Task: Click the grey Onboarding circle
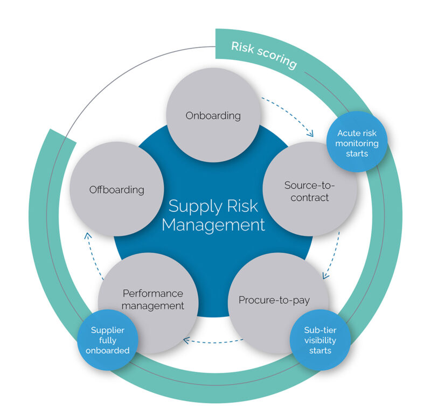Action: point(213,115)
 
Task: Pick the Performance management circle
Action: point(152,300)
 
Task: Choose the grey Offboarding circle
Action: point(116,189)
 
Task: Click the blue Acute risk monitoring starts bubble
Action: point(357,143)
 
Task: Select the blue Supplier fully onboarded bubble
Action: point(108,340)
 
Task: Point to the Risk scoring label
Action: point(263,55)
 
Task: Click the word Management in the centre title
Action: point(213,225)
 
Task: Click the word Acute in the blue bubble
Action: point(347,133)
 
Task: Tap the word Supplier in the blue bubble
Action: point(108,330)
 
